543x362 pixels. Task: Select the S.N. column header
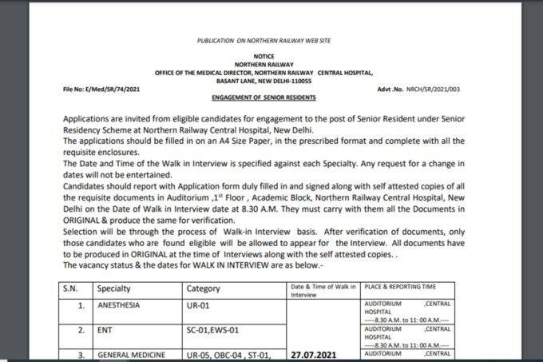(69, 288)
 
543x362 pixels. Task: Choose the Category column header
(202, 288)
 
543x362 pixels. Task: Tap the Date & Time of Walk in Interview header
(319, 289)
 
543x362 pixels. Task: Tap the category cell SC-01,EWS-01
(215, 329)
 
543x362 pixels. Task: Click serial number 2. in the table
(81, 329)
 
